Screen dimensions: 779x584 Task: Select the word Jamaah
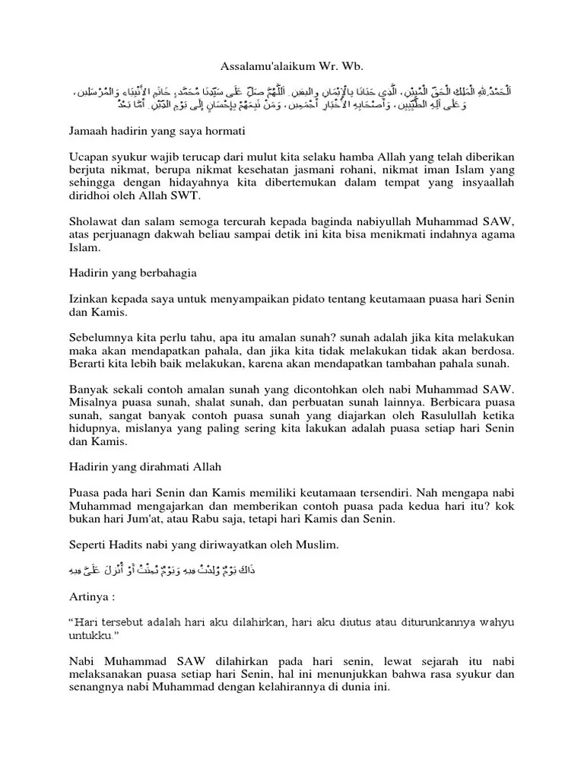point(87,131)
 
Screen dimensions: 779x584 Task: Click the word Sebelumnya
point(100,337)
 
